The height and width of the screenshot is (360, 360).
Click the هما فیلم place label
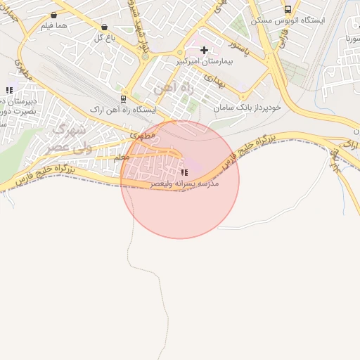(x=53, y=26)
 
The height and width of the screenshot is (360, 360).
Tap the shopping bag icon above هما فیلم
(x=54, y=15)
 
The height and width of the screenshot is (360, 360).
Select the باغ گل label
(x=104, y=37)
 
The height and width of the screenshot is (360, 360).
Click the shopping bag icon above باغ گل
(x=105, y=27)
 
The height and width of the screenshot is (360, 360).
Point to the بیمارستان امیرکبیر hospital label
(x=204, y=62)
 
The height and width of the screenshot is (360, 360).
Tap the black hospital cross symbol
(x=205, y=50)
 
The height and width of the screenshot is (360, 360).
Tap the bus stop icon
(x=288, y=9)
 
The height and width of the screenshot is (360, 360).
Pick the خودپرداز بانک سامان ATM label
(x=249, y=108)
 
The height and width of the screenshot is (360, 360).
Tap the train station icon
(x=123, y=98)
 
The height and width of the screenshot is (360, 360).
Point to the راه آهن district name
(x=166, y=90)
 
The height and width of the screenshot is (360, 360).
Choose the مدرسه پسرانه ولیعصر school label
(x=184, y=184)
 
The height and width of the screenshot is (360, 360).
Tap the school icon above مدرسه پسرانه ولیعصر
(x=184, y=172)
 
